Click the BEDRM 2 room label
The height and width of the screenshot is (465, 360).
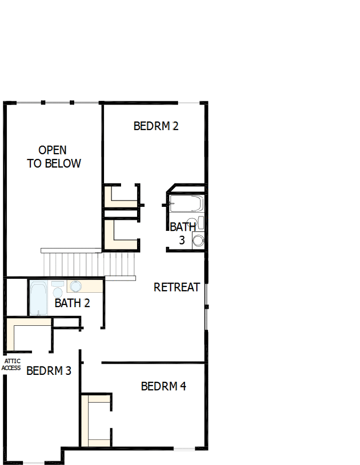(156, 126)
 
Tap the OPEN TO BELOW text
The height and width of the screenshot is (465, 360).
(54, 157)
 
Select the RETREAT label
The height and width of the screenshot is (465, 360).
(177, 287)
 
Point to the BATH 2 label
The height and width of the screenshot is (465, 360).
(72, 303)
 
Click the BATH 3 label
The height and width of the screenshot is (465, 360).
(182, 234)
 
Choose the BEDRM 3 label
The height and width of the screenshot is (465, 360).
(49, 371)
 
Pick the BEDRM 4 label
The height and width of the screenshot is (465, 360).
(163, 386)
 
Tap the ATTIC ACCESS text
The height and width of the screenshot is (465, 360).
(12, 365)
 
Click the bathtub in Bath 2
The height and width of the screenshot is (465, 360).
(39, 298)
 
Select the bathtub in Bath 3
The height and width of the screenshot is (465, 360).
(186, 204)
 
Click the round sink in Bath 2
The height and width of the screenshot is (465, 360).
(75, 286)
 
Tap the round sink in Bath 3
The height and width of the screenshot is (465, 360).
(198, 240)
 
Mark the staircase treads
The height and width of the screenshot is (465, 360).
(88, 263)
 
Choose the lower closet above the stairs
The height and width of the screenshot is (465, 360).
(121, 235)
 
